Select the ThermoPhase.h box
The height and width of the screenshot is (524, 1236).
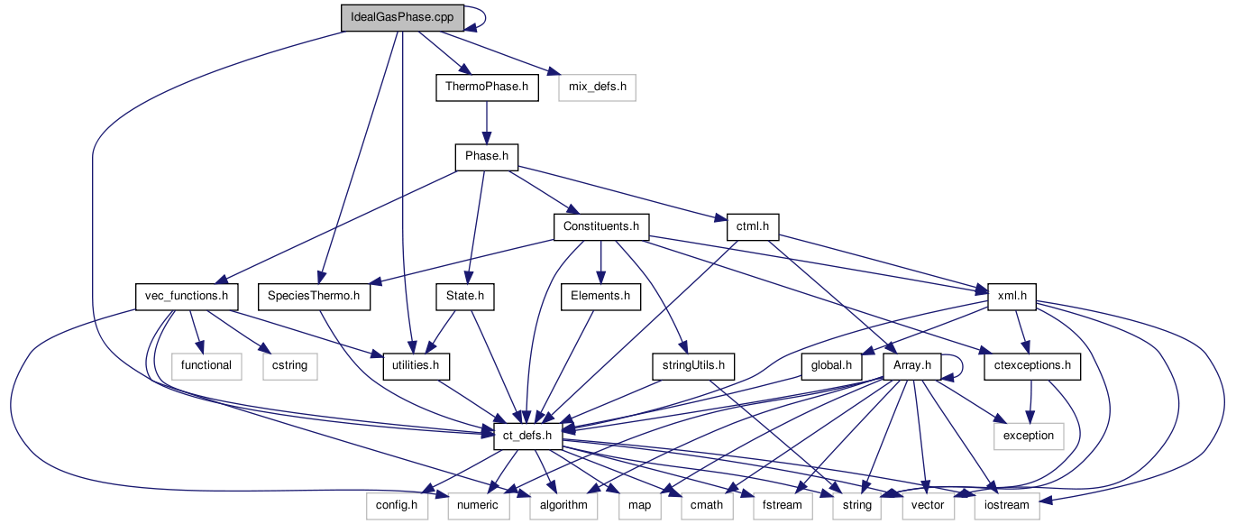pos(487,87)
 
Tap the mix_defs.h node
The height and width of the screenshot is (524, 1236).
pos(597,87)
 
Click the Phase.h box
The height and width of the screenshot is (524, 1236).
pos(487,157)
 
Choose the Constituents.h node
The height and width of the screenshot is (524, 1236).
pos(601,226)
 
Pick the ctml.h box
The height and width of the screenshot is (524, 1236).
pos(752,226)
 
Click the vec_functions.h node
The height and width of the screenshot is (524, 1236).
pos(186,296)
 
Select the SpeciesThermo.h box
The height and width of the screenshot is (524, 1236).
pos(314,296)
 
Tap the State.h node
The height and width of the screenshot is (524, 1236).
pos(465,296)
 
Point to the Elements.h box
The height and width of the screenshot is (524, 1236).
pos(600,296)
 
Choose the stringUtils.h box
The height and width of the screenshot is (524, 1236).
pos(692,366)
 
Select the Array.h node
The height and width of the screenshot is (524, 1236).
pos(913,366)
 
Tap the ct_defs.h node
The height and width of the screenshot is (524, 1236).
pos(528,436)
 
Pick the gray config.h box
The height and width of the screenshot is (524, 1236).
pos(397,505)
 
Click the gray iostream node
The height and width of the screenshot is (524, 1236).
pos(1007,505)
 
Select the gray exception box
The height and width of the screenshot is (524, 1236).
pos(1029,436)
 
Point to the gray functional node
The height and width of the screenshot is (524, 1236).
pos(206,366)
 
